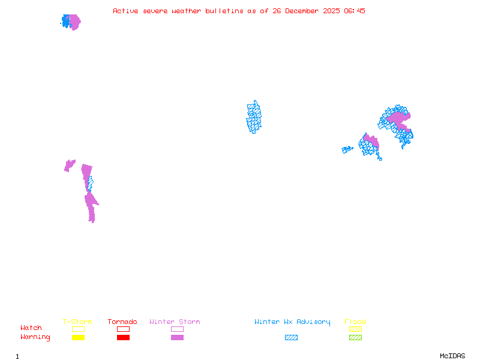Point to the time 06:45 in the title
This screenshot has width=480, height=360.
355,11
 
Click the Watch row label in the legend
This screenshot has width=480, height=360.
31,328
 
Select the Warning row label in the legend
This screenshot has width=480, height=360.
35,337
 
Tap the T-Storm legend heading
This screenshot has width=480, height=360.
77,322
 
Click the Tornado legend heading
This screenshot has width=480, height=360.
122,322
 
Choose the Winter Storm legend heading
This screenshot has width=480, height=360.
175,322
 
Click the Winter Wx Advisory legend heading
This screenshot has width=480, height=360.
292,322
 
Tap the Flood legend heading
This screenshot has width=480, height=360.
355,322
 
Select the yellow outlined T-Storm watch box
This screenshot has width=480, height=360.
78,329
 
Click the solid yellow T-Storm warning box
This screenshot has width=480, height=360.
78,337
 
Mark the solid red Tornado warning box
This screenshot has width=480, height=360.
123,337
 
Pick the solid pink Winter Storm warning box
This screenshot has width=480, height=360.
177,337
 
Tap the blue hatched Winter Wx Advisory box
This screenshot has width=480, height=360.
291,337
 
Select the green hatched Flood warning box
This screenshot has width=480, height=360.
355,337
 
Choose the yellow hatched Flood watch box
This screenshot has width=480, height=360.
355,329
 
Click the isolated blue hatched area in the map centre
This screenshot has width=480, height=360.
254,117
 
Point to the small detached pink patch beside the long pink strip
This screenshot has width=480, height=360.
70,165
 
